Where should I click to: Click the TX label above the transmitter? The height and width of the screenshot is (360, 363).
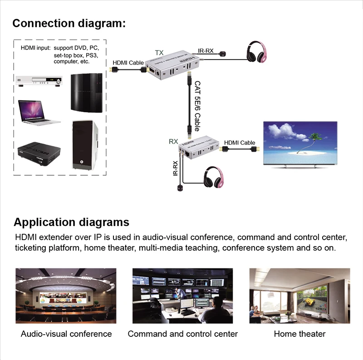(159, 53)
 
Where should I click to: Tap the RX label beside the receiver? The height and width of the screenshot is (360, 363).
(173, 142)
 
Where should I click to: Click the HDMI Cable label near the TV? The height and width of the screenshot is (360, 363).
(240, 143)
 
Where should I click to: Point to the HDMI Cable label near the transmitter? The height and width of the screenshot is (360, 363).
(128, 63)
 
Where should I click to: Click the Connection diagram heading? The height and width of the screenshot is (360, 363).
(69, 23)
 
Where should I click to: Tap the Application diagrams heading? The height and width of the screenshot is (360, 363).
(71, 222)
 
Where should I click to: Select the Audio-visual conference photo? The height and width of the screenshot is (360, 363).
(66, 296)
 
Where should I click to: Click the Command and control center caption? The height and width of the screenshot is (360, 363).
(182, 334)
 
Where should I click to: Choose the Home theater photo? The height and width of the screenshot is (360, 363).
(299, 296)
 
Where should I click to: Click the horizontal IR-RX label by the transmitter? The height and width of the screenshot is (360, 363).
(206, 50)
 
